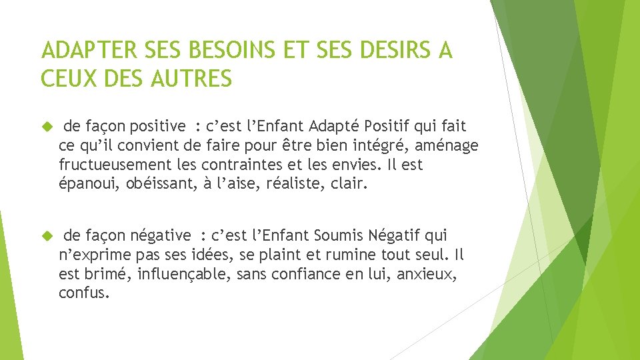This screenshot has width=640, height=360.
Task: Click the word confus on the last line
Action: pyautogui.click(x=83, y=293)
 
